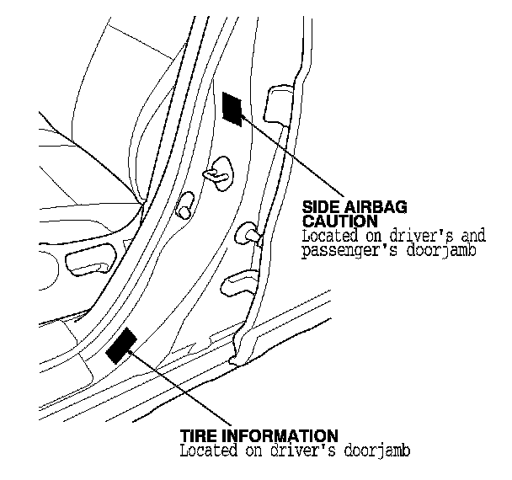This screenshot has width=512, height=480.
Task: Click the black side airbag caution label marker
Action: pos(232,109)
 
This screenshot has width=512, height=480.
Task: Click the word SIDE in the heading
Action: pos(319,207)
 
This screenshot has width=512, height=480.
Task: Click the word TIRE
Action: pos(197,435)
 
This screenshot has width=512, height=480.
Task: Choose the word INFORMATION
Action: pos(280,435)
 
